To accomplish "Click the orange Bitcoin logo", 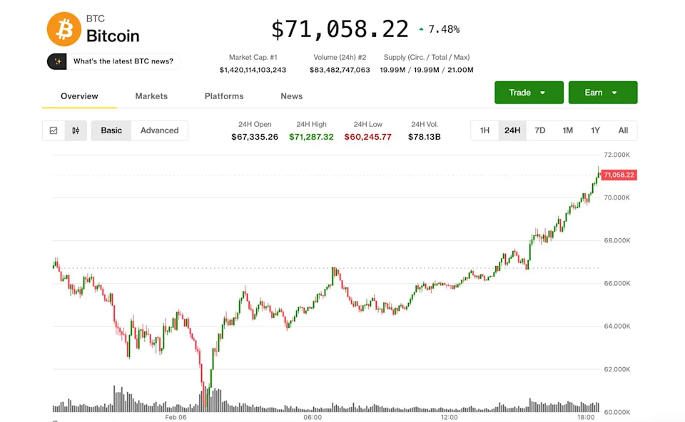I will coord(64,29).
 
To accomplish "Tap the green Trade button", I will coord(529,93).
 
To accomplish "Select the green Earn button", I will coord(602,93).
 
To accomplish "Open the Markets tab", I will coord(151,96).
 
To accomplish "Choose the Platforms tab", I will coord(224,96).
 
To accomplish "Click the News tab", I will coord(291,96).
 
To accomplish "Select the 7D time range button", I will coord(540,130).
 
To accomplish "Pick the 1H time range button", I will coord(484,130).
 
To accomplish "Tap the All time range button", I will coord(623,130).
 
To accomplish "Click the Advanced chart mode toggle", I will coord(159,130).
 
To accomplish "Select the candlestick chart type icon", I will coord(76,130).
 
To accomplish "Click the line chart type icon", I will coord(54,130).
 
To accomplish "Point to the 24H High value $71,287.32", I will coord(311,137).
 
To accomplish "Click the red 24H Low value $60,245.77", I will coord(367,137).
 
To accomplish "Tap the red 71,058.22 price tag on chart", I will coord(618,175).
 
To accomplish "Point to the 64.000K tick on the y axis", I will coord(617,326).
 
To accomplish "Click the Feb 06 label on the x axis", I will coord(176,418).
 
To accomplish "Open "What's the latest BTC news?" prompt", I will coord(123,61).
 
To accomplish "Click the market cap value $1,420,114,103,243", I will coord(253,70).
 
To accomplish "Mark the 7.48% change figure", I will coord(444,29).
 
